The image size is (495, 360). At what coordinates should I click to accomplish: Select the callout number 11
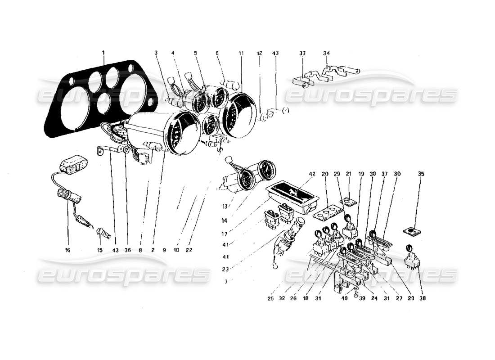[x=241, y=53]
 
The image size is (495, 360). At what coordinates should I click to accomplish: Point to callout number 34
[x=326, y=53]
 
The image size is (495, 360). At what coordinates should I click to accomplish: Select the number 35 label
[x=421, y=173]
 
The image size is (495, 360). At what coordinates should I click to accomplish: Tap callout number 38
[x=422, y=298]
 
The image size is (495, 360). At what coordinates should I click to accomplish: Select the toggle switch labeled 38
[x=410, y=256]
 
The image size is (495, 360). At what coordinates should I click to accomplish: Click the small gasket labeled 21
[x=347, y=202]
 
